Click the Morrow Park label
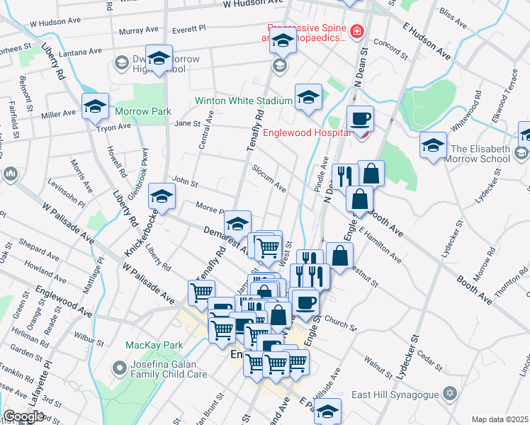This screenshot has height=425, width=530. click(144, 111)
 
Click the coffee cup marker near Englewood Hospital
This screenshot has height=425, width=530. click(360, 118)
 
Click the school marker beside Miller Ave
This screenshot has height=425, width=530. click(95, 106)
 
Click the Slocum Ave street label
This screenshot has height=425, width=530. click(269, 178)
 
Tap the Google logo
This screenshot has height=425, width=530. click(23, 416)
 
